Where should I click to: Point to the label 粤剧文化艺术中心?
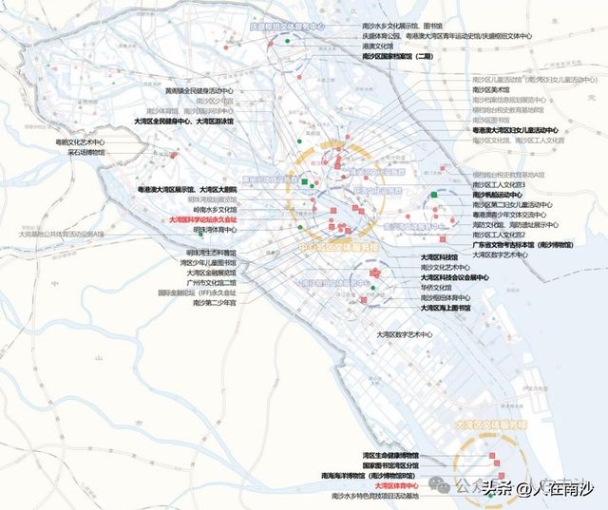pos(80,142)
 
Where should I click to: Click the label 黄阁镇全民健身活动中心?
pos(199,91)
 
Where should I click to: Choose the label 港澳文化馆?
pos(377,46)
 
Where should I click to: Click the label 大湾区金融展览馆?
pos(211,273)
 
